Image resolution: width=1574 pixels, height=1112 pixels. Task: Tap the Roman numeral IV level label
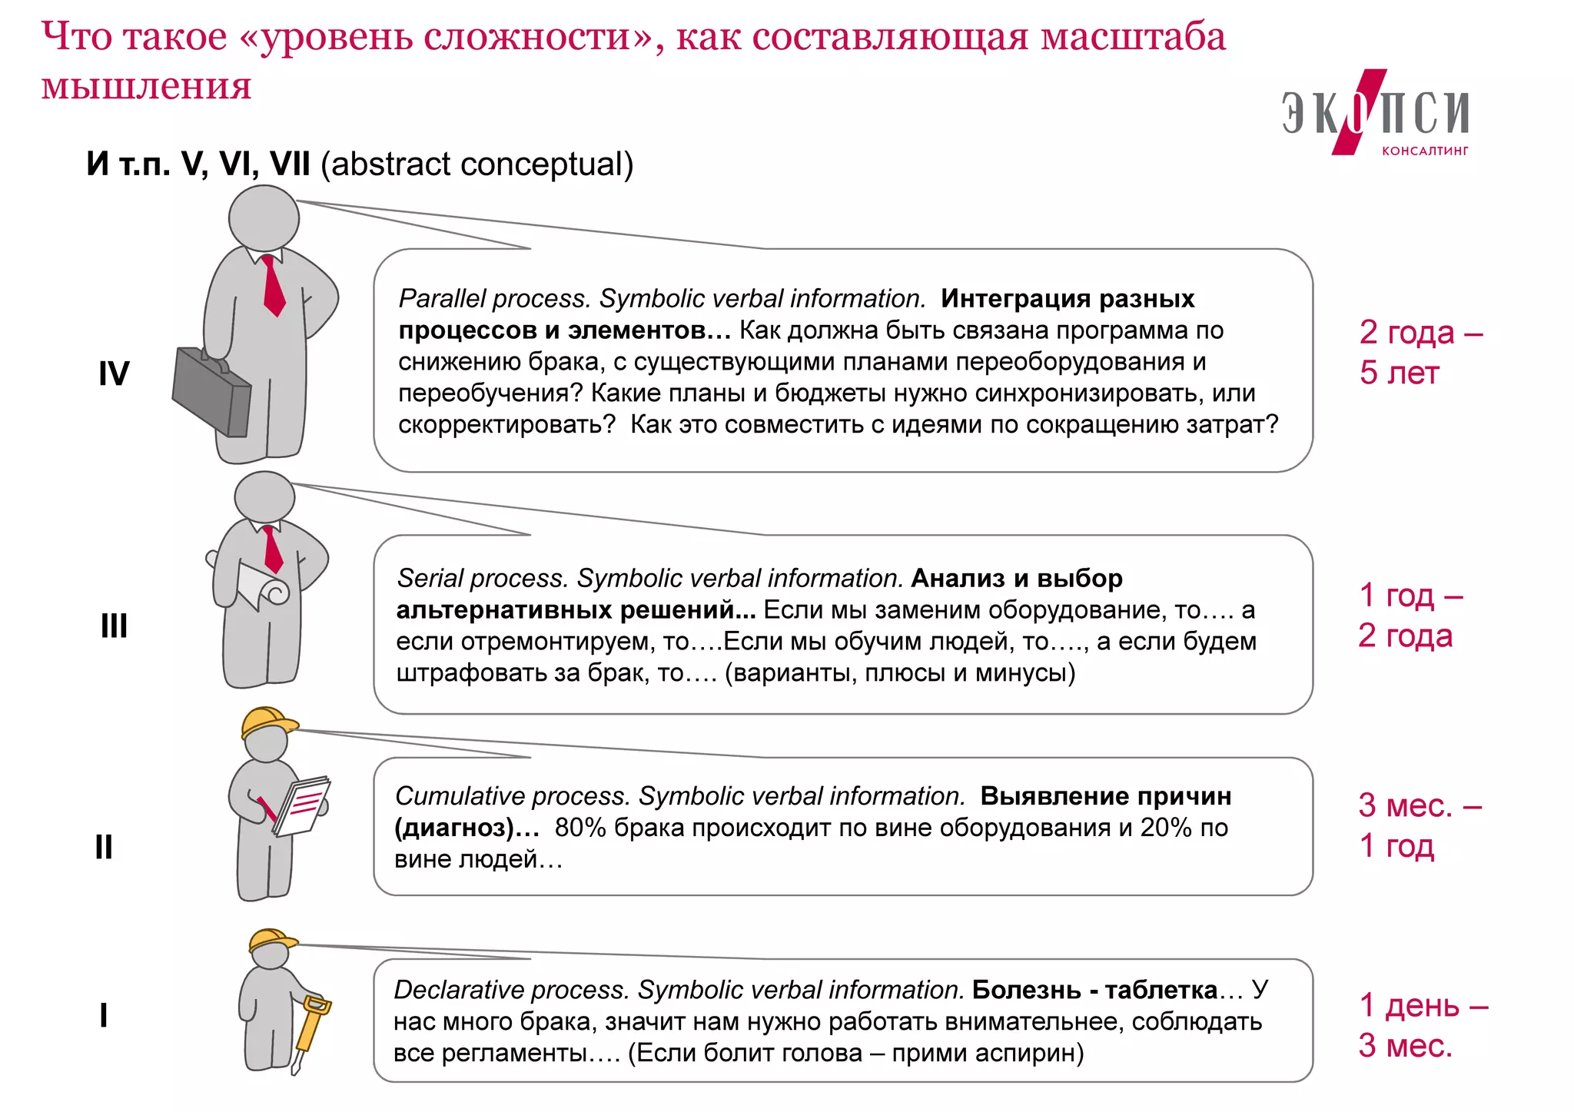[114, 374]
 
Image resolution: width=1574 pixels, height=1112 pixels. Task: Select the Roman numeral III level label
[114, 626]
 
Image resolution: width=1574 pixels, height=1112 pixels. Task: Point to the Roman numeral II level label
[104, 847]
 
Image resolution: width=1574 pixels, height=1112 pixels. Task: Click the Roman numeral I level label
[104, 1015]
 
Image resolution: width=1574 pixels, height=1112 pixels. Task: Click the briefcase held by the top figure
[211, 392]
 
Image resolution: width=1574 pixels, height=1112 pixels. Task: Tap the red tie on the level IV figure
[272, 285]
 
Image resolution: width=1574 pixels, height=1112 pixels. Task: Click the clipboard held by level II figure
[301, 806]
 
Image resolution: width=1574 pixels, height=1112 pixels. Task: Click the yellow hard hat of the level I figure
[271, 940]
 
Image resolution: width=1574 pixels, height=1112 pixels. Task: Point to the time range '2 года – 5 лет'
[1420, 353]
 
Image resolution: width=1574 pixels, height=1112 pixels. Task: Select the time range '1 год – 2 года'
[1408, 615]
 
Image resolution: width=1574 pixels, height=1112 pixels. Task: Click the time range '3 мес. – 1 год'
[1418, 825]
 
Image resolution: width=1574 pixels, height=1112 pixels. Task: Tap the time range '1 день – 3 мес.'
[1422, 1025]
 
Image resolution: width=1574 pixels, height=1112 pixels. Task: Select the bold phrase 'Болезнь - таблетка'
[1094, 990]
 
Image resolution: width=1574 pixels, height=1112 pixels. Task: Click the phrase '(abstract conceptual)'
[477, 164]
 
